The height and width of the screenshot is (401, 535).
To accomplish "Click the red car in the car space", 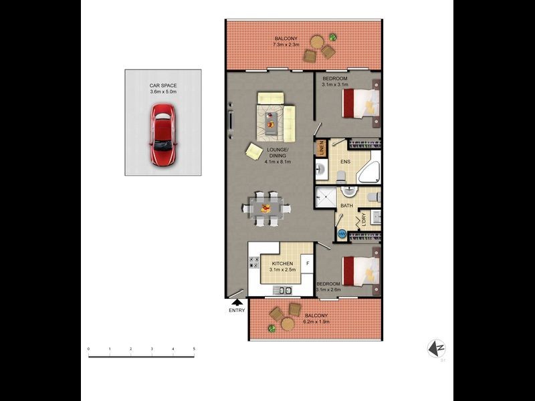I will (161, 139).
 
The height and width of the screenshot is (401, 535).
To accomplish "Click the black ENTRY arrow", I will (237, 303).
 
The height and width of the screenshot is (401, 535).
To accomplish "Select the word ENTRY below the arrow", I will (237, 310).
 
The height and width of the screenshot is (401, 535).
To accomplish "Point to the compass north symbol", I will (436, 348).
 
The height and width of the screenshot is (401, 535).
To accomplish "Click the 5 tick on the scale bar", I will (194, 350).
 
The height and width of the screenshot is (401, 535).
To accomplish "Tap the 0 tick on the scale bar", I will (88, 350).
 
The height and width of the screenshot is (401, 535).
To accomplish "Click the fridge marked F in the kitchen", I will (307, 263).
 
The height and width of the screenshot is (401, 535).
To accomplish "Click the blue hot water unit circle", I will (342, 234).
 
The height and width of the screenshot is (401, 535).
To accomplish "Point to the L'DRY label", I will (364, 219).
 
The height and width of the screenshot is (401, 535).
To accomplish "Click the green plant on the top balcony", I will (333, 37).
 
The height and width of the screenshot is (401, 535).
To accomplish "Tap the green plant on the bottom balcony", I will (272, 328).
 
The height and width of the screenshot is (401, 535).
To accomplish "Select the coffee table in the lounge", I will (272, 120).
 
